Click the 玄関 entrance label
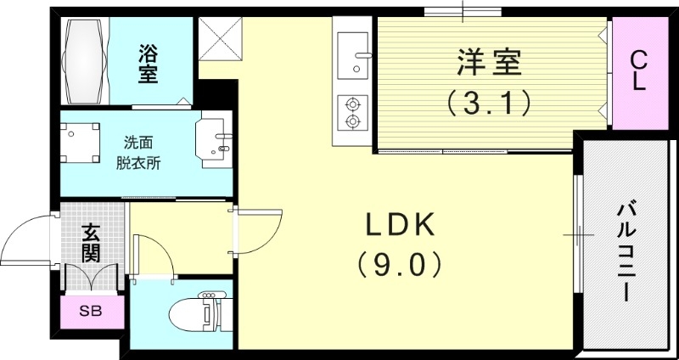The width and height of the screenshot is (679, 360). (92, 243)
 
